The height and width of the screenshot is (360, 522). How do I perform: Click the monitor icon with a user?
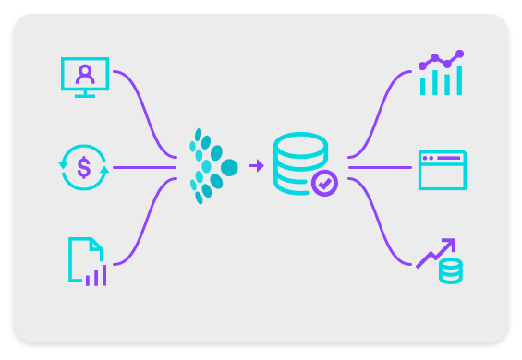(84, 76)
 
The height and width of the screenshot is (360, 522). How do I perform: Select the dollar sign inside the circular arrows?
(84, 168)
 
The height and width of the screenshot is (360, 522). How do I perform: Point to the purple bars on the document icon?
(95, 274)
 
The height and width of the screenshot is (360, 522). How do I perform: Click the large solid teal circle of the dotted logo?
(229, 168)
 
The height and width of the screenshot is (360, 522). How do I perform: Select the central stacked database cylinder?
(299, 162)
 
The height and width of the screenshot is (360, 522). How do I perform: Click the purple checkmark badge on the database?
(323, 183)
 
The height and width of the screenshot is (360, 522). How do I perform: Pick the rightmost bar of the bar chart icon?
(456, 80)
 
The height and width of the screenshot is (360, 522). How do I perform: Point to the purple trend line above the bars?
(441, 62)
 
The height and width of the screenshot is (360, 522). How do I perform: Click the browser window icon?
(442, 170)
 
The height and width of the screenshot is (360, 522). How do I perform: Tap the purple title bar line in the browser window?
(448, 159)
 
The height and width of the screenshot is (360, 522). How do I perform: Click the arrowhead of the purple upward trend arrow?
(450, 244)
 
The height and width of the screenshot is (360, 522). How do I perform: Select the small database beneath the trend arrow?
(450, 271)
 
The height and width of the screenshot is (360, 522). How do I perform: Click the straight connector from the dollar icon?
(143, 168)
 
